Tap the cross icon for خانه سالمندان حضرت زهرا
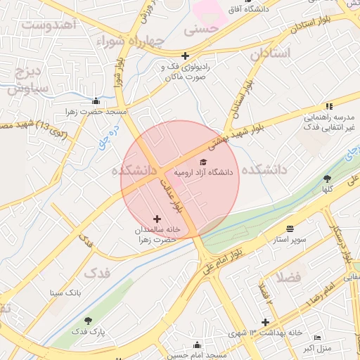point(156,219)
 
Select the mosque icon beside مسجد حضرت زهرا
point(96,101)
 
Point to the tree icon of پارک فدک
point(88,321)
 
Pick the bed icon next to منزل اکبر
point(317,337)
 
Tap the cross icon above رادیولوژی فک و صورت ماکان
point(185,56)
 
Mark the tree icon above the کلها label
point(327,179)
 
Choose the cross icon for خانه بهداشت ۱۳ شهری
point(265,322)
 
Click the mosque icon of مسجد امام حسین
point(197,345)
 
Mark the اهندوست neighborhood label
point(49,25)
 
